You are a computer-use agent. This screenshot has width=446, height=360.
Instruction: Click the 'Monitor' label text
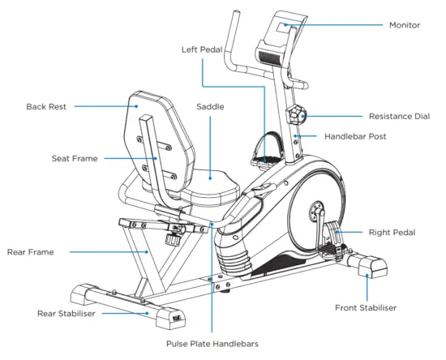tap(404, 25)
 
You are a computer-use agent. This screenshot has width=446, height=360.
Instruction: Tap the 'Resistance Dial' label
tap(399, 117)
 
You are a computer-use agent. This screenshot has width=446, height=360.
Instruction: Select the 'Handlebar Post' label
tap(355, 136)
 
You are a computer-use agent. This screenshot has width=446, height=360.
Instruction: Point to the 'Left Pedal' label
tap(202, 49)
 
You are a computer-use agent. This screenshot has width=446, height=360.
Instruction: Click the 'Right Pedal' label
tap(392, 233)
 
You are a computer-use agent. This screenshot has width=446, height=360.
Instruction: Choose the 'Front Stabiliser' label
tap(367, 308)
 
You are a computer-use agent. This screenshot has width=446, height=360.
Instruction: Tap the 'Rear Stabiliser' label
tap(68, 313)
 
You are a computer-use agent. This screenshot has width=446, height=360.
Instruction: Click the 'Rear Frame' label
tap(30, 252)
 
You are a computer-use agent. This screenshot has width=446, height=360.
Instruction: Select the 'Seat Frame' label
tap(75, 159)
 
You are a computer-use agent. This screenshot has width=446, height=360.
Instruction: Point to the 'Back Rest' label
tap(46, 106)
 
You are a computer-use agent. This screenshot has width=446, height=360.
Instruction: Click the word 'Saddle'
tap(210, 106)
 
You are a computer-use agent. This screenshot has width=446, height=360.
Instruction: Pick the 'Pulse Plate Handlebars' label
tap(212, 344)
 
